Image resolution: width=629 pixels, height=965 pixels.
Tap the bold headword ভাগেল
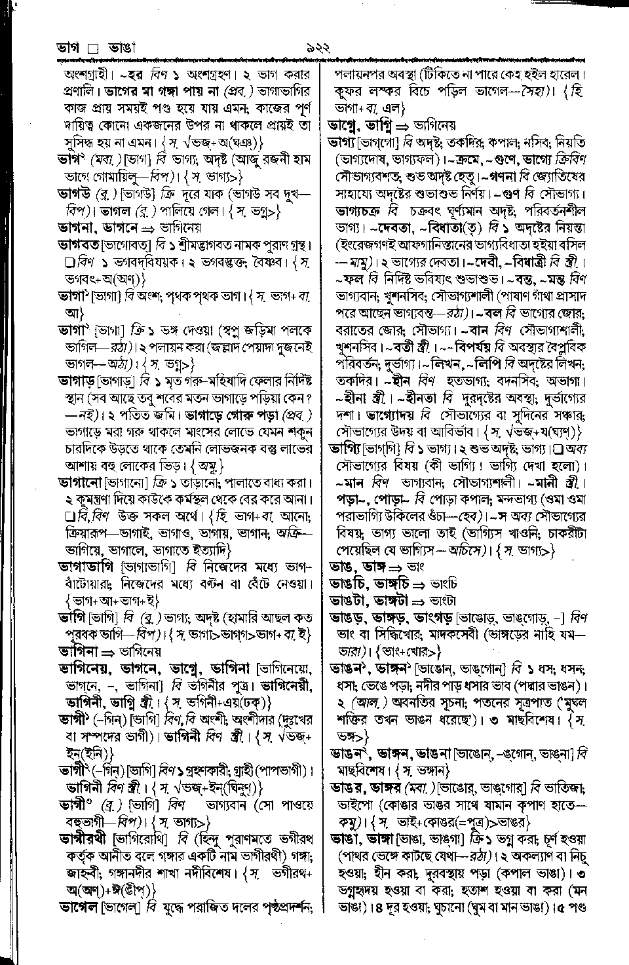coord(78,907)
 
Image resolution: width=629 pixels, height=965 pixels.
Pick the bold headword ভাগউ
coord(75,194)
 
